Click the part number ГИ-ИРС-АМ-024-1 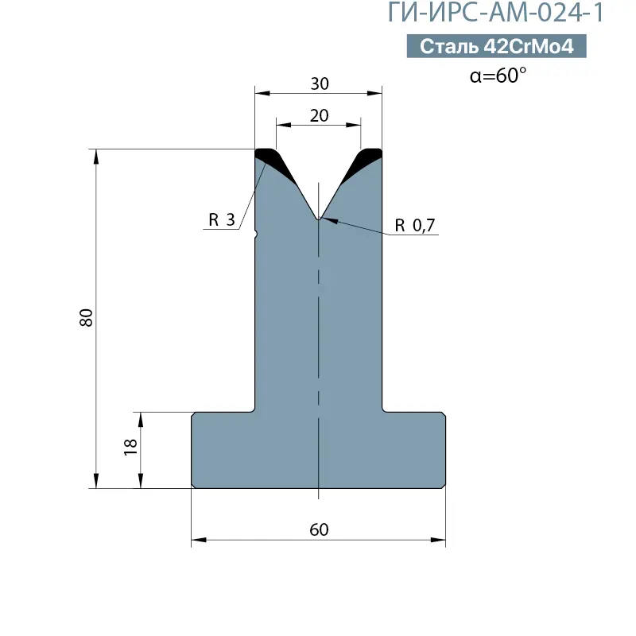(495, 12)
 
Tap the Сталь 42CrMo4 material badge (496, 46)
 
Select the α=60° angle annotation (498, 76)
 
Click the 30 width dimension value (320, 84)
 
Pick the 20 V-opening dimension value (320, 116)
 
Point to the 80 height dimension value (87, 317)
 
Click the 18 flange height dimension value (130, 448)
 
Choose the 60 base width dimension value (320, 529)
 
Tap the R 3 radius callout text (222, 220)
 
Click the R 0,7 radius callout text (414, 225)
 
